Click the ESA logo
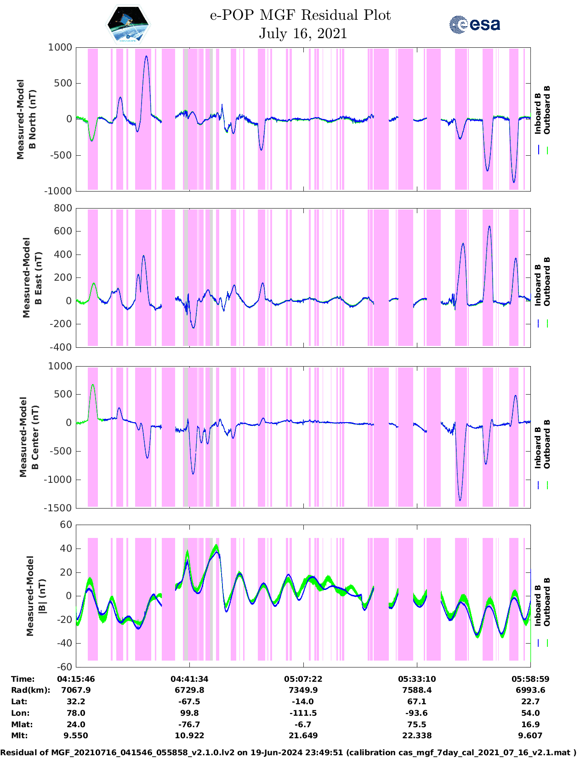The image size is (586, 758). [474, 24]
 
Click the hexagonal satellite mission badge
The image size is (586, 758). [128, 25]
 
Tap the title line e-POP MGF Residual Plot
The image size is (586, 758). [300, 15]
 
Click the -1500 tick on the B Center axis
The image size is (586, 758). [58, 508]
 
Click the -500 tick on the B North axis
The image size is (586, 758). [60, 155]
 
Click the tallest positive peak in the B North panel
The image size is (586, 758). [146, 57]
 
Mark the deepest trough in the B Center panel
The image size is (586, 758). [460, 500]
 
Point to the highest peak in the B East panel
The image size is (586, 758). [489, 226]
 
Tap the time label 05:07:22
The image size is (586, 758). [302, 679]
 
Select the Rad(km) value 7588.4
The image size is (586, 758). [416, 690]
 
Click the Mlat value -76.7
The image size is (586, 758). [189, 724]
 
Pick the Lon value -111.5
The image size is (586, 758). [302, 713]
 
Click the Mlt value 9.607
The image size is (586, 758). [530, 735]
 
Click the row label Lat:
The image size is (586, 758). [19, 701]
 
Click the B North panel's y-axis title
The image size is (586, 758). [26, 119]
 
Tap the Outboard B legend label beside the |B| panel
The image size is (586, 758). [547, 602]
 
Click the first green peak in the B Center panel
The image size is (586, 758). [93, 385]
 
